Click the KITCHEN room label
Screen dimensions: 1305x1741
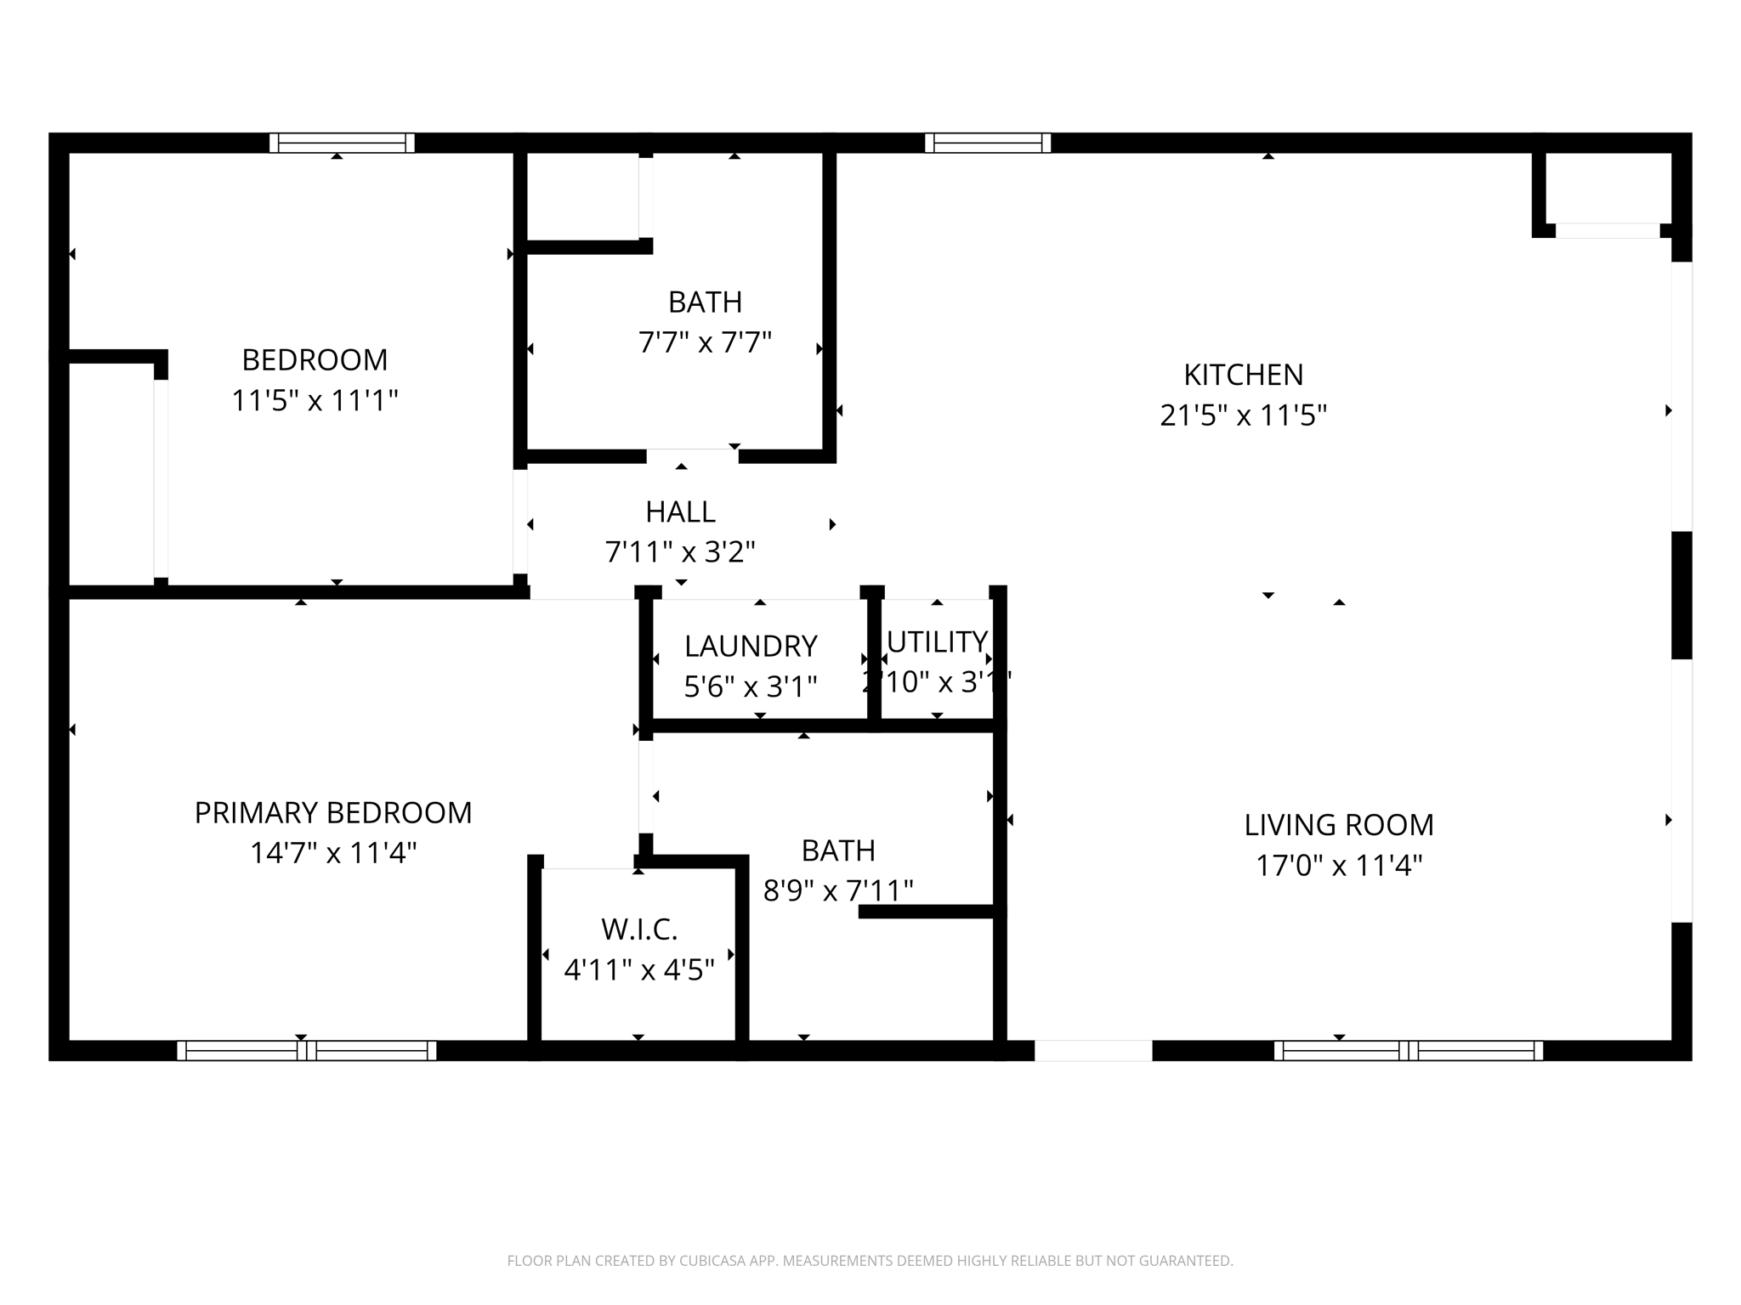(x=1243, y=375)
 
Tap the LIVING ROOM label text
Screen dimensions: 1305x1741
(x=1338, y=825)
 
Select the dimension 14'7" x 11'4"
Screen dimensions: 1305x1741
(x=333, y=853)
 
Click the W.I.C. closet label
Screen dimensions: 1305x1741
(x=639, y=929)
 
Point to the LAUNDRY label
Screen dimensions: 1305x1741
(x=751, y=647)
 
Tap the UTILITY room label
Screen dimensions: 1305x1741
(x=937, y=641)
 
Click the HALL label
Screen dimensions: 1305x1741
(x=680, y=512)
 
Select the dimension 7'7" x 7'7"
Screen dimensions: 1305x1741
(x=705, y=342)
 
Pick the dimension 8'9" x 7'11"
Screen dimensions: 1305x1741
(x=838, y=890)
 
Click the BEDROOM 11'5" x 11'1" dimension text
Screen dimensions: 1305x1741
(x=315, y=400)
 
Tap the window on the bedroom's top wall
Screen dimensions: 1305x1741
(x=342, y=143)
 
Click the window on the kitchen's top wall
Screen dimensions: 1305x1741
(x=988, y=143)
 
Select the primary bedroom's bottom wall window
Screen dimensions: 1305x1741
(x=306, y=1051)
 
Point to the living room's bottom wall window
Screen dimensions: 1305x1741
(x=1408, y=1051)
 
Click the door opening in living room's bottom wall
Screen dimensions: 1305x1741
(x=1092, y=1051)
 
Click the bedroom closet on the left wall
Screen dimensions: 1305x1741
(x=111, y=474)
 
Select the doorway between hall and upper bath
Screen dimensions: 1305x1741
(x=692, y=456)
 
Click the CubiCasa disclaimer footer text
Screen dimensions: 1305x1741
(x=870, y=1261)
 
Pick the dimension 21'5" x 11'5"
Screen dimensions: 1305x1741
(x=1243, y=415)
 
